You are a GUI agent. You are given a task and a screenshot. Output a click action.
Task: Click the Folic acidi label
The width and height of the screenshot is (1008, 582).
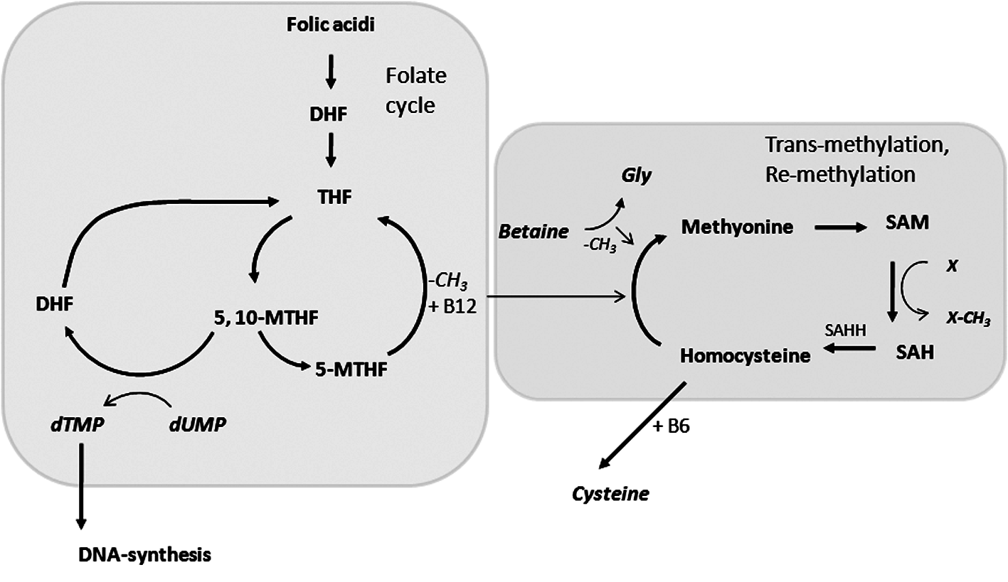click(x=330, y=25)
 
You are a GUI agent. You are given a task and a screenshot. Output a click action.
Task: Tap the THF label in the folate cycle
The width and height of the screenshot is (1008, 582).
click(x=330, y=195)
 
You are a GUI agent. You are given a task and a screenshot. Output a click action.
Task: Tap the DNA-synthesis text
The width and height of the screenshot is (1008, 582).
click(x=144, y=554)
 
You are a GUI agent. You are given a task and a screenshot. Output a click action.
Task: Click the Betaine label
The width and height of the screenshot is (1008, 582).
click(x=544, y=232)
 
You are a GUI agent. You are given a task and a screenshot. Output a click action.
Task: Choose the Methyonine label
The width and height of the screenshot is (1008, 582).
click(x=737, y=227)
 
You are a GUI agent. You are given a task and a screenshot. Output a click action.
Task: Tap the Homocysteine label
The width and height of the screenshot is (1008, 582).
click(x=745, y=355)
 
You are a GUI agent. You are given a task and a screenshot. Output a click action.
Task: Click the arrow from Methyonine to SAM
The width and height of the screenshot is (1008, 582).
click(x=842, y=227)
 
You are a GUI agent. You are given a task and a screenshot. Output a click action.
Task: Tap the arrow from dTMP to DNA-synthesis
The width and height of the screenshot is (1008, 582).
click(x=81, y=487)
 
